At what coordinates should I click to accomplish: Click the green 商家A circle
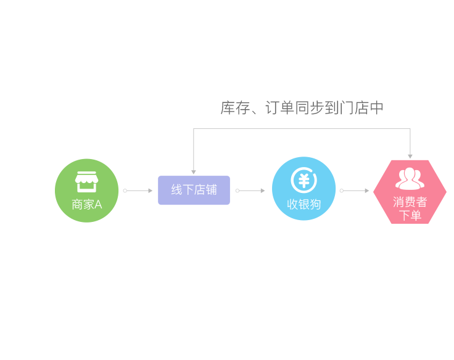coord(86,190)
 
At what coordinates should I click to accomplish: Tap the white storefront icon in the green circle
coord(86,182)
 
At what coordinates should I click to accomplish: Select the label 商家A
coord(86,205)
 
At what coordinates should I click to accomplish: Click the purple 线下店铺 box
coord(194,190)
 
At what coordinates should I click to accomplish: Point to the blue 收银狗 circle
coord(303,189)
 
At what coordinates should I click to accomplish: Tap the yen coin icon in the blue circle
coord(303,180)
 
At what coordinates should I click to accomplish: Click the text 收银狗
coord(303,204)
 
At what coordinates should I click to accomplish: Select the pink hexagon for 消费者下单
coord(410,192)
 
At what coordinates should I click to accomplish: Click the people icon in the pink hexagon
coord(410,179)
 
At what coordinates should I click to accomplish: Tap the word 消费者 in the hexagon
coord(410,202)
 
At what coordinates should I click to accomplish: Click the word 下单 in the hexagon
coord(410,216)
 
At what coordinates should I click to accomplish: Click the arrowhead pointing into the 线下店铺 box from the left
coord(151,190)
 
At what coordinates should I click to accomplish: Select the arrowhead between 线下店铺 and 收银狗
coord(263,190)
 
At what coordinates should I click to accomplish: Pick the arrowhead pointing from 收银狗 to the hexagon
coord(367,190)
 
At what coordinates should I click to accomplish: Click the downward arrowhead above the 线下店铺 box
coord(194,172)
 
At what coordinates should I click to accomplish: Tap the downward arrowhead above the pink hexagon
coord(410,157)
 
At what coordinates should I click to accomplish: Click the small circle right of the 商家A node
coord(125,190)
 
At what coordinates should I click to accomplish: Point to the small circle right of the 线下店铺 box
coord(237,190)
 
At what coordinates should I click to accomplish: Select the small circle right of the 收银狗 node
coord(342,190)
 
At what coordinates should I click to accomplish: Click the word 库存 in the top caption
coord(235,108)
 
